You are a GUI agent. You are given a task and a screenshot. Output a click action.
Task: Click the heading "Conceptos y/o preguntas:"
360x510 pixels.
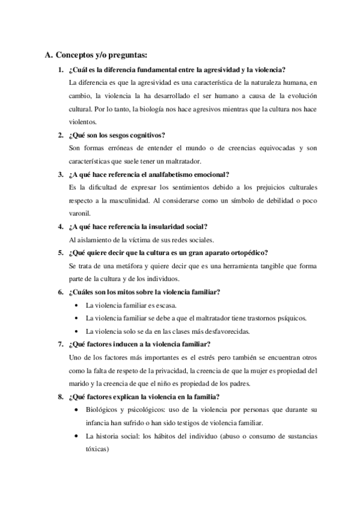(x=100, y=55)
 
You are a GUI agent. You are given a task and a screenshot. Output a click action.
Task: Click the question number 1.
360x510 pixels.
(x=60, y=69)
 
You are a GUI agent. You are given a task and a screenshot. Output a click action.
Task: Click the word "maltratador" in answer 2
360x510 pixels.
(x=185, y=161)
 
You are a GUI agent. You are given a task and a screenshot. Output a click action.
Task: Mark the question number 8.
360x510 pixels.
(x=60, y=397)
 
